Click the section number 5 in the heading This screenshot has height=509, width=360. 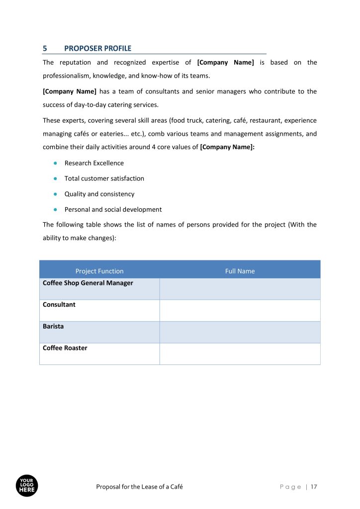click(45, 48)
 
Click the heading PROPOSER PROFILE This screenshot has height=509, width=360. click(98, 48)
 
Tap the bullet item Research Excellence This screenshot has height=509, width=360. click(94, 163)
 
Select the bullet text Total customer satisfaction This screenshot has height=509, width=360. click(104, 178)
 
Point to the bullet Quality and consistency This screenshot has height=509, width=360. click(99, 194)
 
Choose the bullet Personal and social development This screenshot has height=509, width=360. click(113, 209)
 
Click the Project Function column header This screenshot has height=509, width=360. click(99, 271)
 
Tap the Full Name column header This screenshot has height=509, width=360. click(240, 271)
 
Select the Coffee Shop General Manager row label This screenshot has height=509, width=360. click(88, 283)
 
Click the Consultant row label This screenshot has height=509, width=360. click(59, 305)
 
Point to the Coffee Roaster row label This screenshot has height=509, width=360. click(65, 348)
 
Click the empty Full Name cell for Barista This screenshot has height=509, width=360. click(240, 332)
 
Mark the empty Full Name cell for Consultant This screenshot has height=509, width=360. click(240, 310)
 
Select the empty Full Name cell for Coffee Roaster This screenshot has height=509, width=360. click(240, 353)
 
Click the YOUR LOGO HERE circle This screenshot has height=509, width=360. click(27, 486)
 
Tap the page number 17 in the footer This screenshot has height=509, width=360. click(314, 487)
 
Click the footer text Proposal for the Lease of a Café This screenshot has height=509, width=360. click(139, 487)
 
